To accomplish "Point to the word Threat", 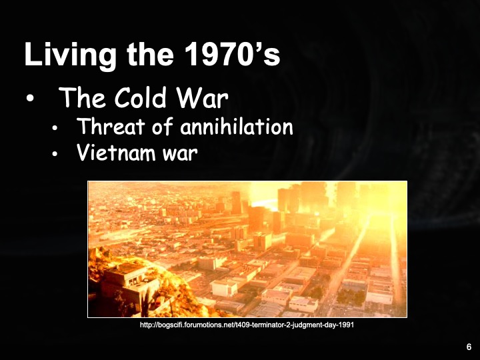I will [x=108, y=127].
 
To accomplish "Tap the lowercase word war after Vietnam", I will [x=179, y=154].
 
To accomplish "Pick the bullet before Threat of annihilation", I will [x=55, y=128].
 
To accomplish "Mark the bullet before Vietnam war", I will [x=55, y=155].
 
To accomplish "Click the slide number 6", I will [x=469, y=347].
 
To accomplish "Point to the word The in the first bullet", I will [x=78, y=99].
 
